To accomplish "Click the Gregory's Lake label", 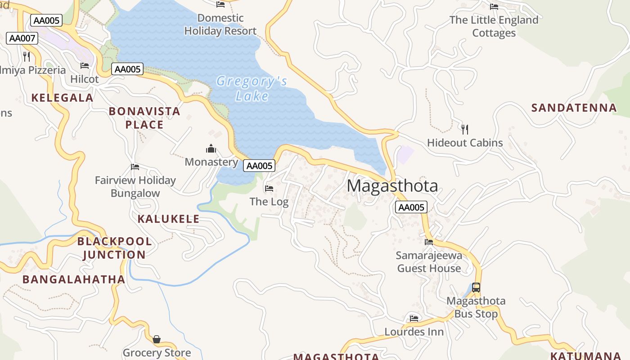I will tap(252, 89).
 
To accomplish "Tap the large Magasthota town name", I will tap(392, 186).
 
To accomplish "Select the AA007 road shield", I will tap(22, 38).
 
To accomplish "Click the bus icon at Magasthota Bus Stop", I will tap(476, 287).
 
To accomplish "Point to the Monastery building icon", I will tap(211, 148).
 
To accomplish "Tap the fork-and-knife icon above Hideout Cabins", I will tap(465, 130).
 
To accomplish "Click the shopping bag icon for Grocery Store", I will tap(157, 339).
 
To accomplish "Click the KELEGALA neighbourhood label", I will tap(62, 98).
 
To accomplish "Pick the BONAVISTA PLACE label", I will tap(144, 118).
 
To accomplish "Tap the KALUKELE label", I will tap(168, 219).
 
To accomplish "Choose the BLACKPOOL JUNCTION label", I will tap(114, 248).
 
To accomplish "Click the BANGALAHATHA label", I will tap(74, 279).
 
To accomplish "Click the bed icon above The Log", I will tap(269, 188).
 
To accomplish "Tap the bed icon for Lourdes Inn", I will tap(414, 319).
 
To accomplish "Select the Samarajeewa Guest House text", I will tap(429, 262).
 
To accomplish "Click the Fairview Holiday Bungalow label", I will tap(135, 187).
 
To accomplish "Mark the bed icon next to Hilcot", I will tap(85, 66).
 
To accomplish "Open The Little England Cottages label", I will tap(494, 27).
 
